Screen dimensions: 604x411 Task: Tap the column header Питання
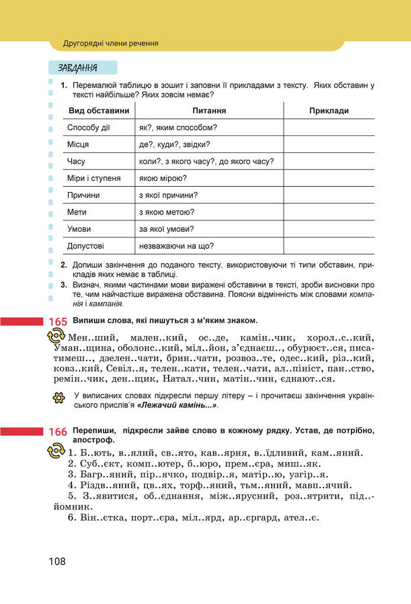(209, 111)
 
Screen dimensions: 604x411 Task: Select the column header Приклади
(329, 111)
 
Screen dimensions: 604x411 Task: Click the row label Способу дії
(89, 127)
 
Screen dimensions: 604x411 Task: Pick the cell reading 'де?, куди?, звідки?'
(174, 144)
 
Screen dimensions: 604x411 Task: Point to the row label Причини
(83, 195)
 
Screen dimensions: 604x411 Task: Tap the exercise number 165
(58, 322)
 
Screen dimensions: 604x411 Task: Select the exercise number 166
(58, 432)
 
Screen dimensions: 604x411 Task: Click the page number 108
(57, 561)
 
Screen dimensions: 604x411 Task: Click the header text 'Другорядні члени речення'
(111, 43)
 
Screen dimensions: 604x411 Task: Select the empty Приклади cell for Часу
(329, 161)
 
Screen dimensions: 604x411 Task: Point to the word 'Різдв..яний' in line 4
(106, 485)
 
